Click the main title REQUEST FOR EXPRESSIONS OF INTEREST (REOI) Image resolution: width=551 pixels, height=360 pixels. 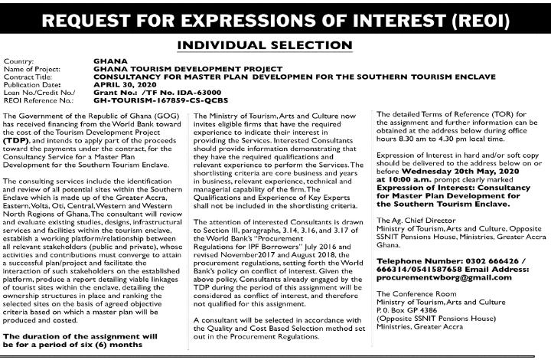point(275,18)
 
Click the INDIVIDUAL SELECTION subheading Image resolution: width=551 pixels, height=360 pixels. point(275,45)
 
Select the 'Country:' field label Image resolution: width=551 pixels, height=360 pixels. point(19,61)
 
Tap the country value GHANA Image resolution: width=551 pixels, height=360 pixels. point(106,61)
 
